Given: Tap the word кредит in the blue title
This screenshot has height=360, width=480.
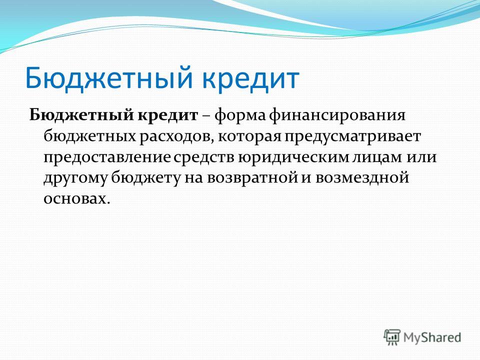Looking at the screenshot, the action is (x=250, y=78).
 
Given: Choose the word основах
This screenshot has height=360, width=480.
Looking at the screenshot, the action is (x=76, y=199).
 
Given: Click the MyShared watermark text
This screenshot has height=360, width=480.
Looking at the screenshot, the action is (x=432, y=337).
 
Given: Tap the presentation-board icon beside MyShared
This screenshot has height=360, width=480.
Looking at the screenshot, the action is (x=392, y=337).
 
